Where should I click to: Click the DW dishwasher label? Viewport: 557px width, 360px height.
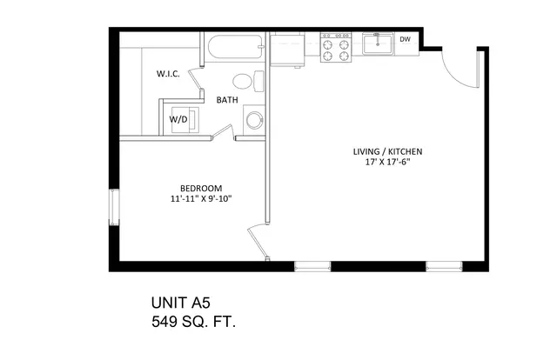coord(405,39)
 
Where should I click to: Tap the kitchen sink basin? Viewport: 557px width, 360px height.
coord(378,44)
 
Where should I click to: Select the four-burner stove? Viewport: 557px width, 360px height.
coord(336,47)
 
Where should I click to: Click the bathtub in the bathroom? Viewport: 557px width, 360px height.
coord(236,46)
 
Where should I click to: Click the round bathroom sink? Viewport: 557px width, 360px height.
coord(254,121)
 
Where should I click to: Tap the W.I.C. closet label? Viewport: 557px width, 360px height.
coord(168,74)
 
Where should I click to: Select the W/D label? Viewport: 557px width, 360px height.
coord(178,119)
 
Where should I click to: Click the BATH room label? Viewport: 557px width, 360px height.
coord(227,100)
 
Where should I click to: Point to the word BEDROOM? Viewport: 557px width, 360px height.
coord(201,188)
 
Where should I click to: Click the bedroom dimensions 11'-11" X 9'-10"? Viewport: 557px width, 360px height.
coord(201,199)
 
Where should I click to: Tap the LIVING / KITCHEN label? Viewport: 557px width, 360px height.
coord(387,151)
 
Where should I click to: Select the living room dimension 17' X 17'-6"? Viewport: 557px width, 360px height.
coord(387,163)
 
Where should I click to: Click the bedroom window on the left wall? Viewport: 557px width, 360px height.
coord(114,207)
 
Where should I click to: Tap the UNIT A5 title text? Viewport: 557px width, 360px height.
coord(181,303)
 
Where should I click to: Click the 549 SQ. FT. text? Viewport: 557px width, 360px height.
coord(193,322)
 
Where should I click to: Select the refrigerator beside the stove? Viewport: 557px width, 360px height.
coord(287,49)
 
